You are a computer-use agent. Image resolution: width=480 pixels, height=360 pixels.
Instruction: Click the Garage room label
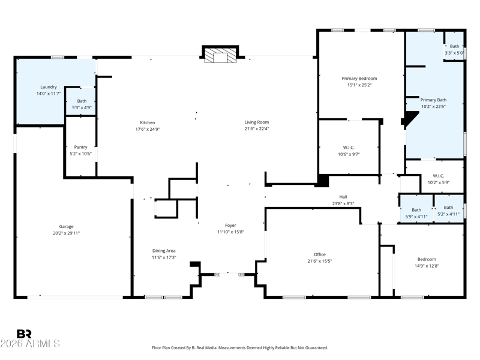[66, 226]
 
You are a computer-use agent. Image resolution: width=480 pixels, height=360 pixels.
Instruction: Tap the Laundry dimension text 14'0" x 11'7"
[48, 94]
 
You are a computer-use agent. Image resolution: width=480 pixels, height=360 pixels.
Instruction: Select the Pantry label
[80, 147]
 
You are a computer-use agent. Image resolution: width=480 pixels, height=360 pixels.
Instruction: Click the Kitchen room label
[147, 122]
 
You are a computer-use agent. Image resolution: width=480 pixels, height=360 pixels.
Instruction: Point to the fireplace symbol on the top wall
[220, 56]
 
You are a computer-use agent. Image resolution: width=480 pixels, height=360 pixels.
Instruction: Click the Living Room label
[256, 122]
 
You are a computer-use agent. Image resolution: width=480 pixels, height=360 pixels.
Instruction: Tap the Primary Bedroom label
[359, 78]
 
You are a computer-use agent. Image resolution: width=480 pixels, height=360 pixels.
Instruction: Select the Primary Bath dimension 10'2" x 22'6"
[433, 107]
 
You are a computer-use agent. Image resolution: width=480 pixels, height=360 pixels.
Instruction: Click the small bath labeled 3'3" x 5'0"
[454, 50]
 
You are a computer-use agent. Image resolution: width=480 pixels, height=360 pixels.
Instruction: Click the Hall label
[343, 196]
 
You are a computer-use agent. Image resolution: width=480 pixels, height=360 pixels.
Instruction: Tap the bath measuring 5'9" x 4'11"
[416, 213]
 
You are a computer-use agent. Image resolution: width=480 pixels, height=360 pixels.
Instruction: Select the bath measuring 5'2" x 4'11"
[448, 210]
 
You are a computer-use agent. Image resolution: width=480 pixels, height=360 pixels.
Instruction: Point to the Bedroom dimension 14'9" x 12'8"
[427, 266]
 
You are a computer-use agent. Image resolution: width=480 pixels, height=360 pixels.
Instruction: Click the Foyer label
[230, 225]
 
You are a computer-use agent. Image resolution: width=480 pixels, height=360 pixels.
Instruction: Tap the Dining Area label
[163, 250]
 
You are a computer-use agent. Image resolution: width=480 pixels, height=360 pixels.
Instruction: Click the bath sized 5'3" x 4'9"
[81, 104]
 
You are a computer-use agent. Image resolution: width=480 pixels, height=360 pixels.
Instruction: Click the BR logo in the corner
[24, 334]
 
